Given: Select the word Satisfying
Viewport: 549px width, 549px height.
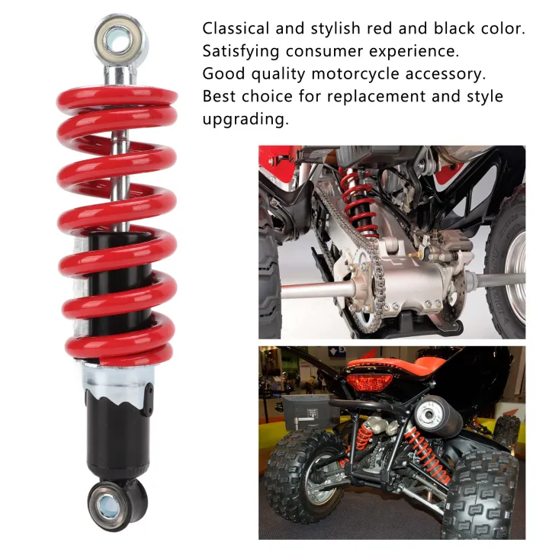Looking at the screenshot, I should (x=238, y=52).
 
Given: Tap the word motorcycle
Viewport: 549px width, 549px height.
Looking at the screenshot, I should (x=336, y=75).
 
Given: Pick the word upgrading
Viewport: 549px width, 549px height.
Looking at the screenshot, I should (x=246, y=120).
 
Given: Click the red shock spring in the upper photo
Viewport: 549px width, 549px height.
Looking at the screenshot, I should (x=359, y=202).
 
